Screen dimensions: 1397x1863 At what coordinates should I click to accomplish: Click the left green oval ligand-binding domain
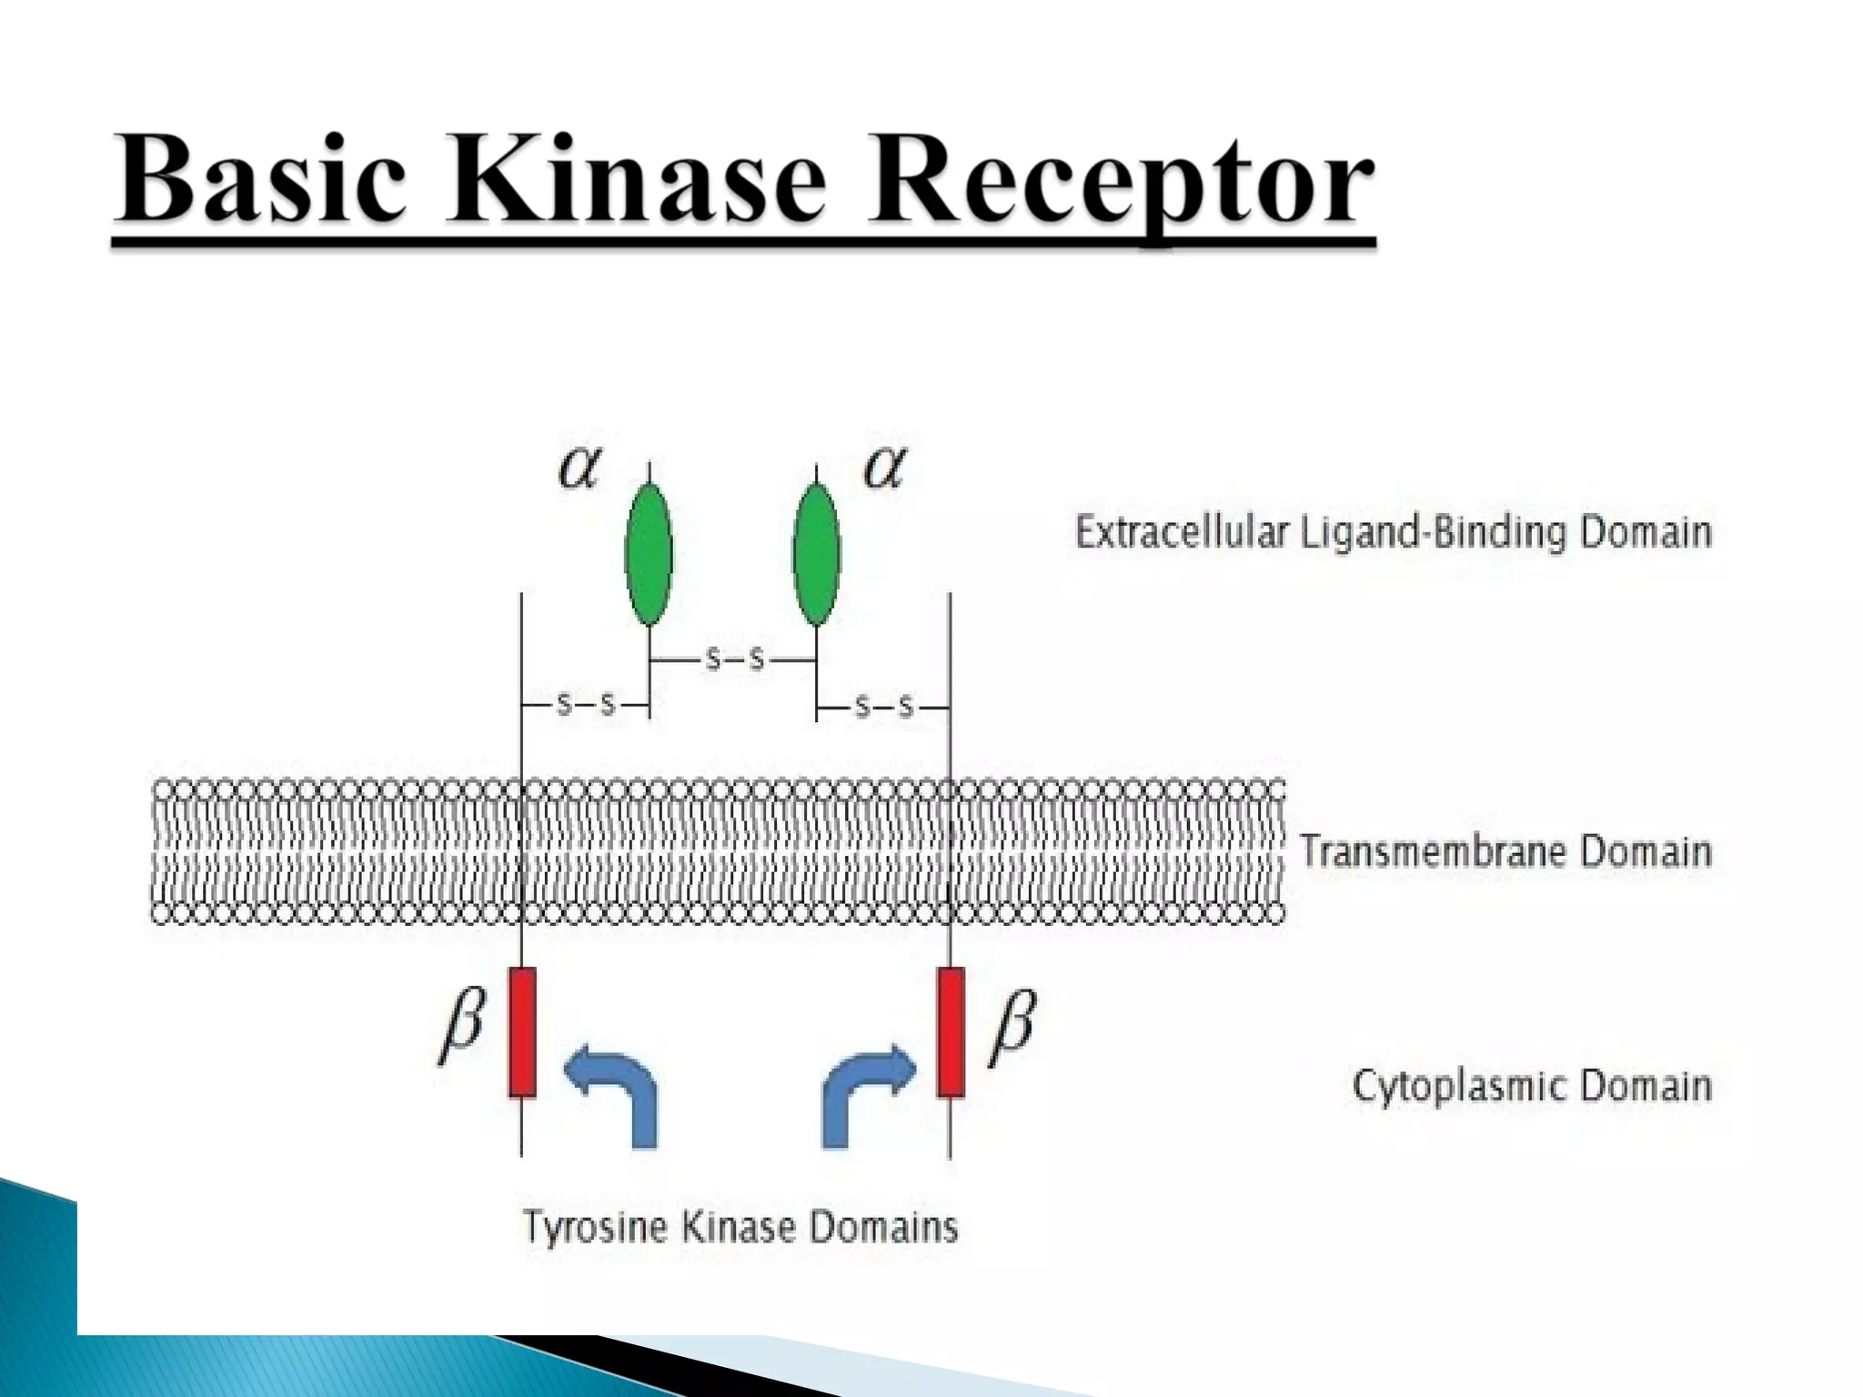[649, 553]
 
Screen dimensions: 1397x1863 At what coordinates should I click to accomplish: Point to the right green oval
[816, 553]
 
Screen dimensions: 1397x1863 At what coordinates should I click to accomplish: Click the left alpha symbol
[579, 468]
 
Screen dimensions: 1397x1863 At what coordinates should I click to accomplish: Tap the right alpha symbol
[884, 468]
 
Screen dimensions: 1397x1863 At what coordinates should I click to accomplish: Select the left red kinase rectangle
[521, 1032]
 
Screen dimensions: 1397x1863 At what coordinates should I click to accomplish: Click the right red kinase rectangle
[951, 1032]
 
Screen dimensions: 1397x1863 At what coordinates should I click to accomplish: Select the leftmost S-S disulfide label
[586, 704]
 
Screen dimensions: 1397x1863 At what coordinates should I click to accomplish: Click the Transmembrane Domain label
[1506, 851]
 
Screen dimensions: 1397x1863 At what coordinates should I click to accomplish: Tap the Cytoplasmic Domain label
[1532, 1086]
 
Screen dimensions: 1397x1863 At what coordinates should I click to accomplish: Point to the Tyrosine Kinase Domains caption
[740, 1227]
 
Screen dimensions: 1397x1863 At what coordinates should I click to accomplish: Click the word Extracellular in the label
[1181, 531]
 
